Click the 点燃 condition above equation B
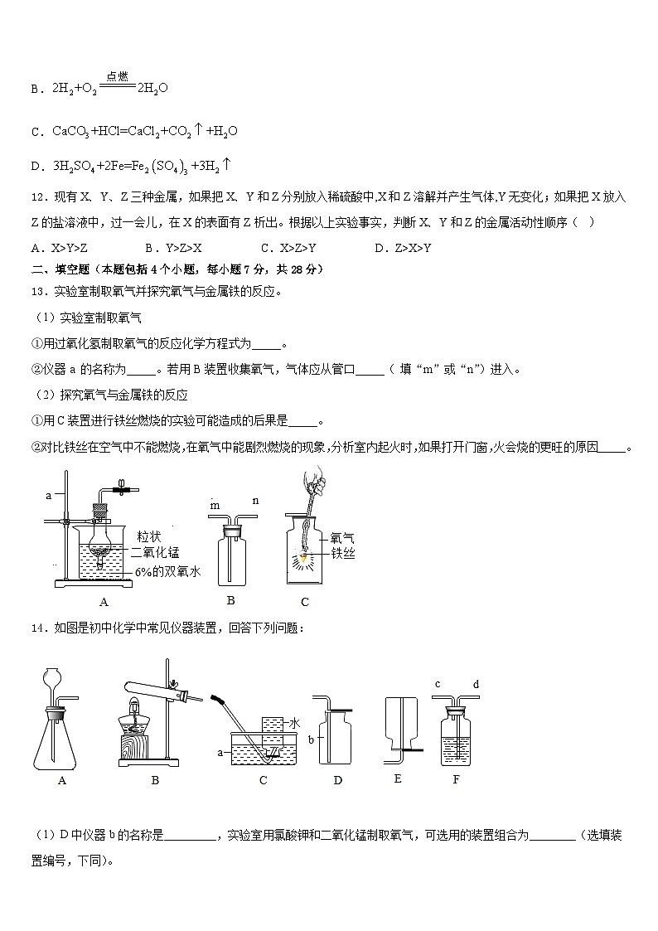pyautogui.click(x=117, y=76)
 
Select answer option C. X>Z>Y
pyautogui.click(x=288, y=248)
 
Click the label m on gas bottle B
pyautogui.click(x=215, y=505)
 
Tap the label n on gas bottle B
pyautogui.click(x=255, y=500)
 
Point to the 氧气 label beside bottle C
pyautogui.click(x=342, y=536)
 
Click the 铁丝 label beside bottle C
pyautogui.click(x=342, y=553)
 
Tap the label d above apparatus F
pyautogui.click(x=476, y=684)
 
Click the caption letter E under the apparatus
pyautogui.click(x=398, y=779)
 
